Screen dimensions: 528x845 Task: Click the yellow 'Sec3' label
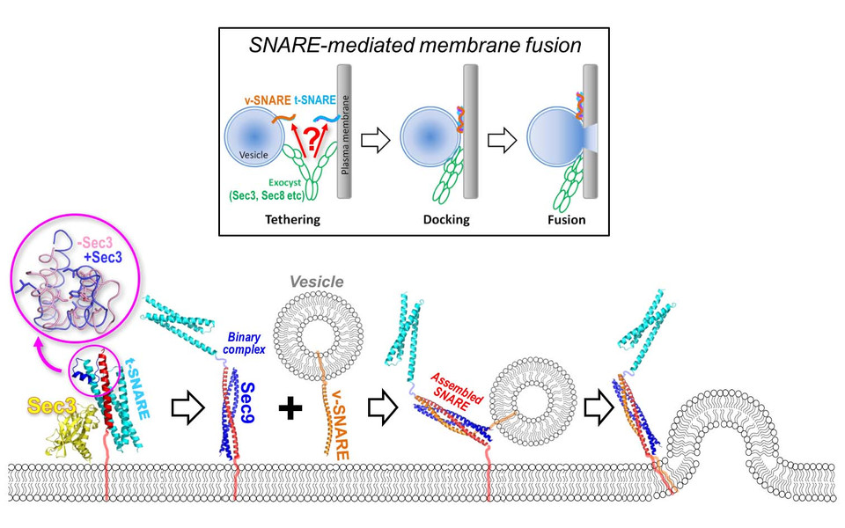[46, 406]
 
